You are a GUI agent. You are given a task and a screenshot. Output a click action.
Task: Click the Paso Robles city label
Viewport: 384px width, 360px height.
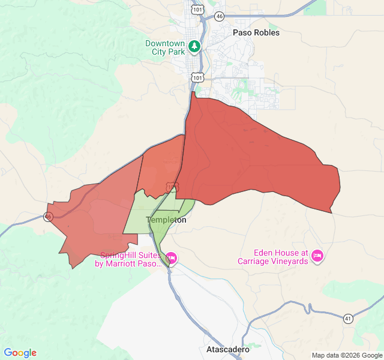[x=256, y=32]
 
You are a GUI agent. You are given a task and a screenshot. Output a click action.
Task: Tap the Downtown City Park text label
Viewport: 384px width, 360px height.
[x=165, y=48]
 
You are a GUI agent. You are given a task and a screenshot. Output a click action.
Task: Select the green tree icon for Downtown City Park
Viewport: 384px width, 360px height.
[x=194, y=46]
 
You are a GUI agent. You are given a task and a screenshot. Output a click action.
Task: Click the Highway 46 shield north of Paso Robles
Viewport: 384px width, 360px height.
[x=220, y=16]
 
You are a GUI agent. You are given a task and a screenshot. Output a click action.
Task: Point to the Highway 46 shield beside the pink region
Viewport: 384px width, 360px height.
[x=49, y=217]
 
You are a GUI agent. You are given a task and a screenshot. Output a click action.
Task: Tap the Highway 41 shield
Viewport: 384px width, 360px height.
[x=349, y=318]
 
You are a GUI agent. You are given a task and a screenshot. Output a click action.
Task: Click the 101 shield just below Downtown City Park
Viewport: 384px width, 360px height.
[x=198, y=77]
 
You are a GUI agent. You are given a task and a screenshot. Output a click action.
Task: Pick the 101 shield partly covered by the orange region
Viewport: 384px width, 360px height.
[x=172, y=187]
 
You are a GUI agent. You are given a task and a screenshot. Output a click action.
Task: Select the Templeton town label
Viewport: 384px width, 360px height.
[x=166, y=220]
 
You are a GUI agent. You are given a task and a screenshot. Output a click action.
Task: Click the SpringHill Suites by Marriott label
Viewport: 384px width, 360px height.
[x=130, y=259]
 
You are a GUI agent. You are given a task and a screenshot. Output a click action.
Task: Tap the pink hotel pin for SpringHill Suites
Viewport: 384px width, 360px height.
[x=172, y=258]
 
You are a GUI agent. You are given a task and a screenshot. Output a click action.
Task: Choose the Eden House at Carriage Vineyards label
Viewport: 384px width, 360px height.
[x=272, y=257]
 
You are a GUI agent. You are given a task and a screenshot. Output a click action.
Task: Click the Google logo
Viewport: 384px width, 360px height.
[x=20, y=353]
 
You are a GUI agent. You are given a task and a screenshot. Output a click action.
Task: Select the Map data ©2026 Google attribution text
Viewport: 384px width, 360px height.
[x=346, y=355]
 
